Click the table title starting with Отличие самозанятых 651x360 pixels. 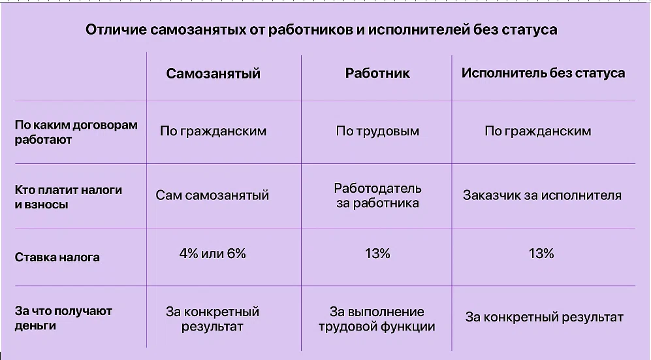point(321,30)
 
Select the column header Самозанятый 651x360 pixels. point(213,73)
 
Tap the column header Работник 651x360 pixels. point(377,73)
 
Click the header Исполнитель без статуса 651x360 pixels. point(543,73)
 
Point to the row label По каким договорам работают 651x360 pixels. point(76,132)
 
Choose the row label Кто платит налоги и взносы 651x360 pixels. point(69,197)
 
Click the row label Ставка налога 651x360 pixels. point(57,257)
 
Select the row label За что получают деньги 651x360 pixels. point(63,318)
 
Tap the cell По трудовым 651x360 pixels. point(377,131)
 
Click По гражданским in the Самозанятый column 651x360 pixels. point(213,131)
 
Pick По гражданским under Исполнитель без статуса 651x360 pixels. point(537,131)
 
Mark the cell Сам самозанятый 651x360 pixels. point(212,195)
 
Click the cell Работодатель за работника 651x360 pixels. point(378,195)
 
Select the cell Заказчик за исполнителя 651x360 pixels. point(542,195)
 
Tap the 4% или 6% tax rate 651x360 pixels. point(213,254)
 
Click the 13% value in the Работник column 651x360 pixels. point(377,254)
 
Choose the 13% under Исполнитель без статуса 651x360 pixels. point(541,254)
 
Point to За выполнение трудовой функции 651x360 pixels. point(377,319)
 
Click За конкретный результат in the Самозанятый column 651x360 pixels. point(212,319)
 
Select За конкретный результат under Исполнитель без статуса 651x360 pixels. point(545,318)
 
